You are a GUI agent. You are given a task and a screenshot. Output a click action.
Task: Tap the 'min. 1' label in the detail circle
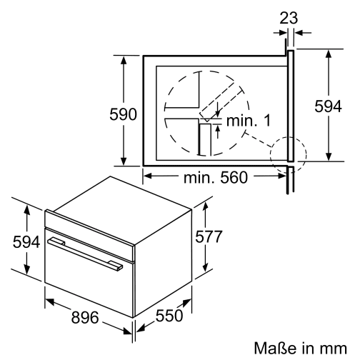tap(248, 122)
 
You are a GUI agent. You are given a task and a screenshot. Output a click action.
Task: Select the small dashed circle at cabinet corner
tap(288, 151)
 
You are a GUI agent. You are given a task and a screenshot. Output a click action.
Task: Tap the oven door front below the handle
tap(86, 286)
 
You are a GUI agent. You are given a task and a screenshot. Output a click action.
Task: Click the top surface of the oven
tap(118, 196)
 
